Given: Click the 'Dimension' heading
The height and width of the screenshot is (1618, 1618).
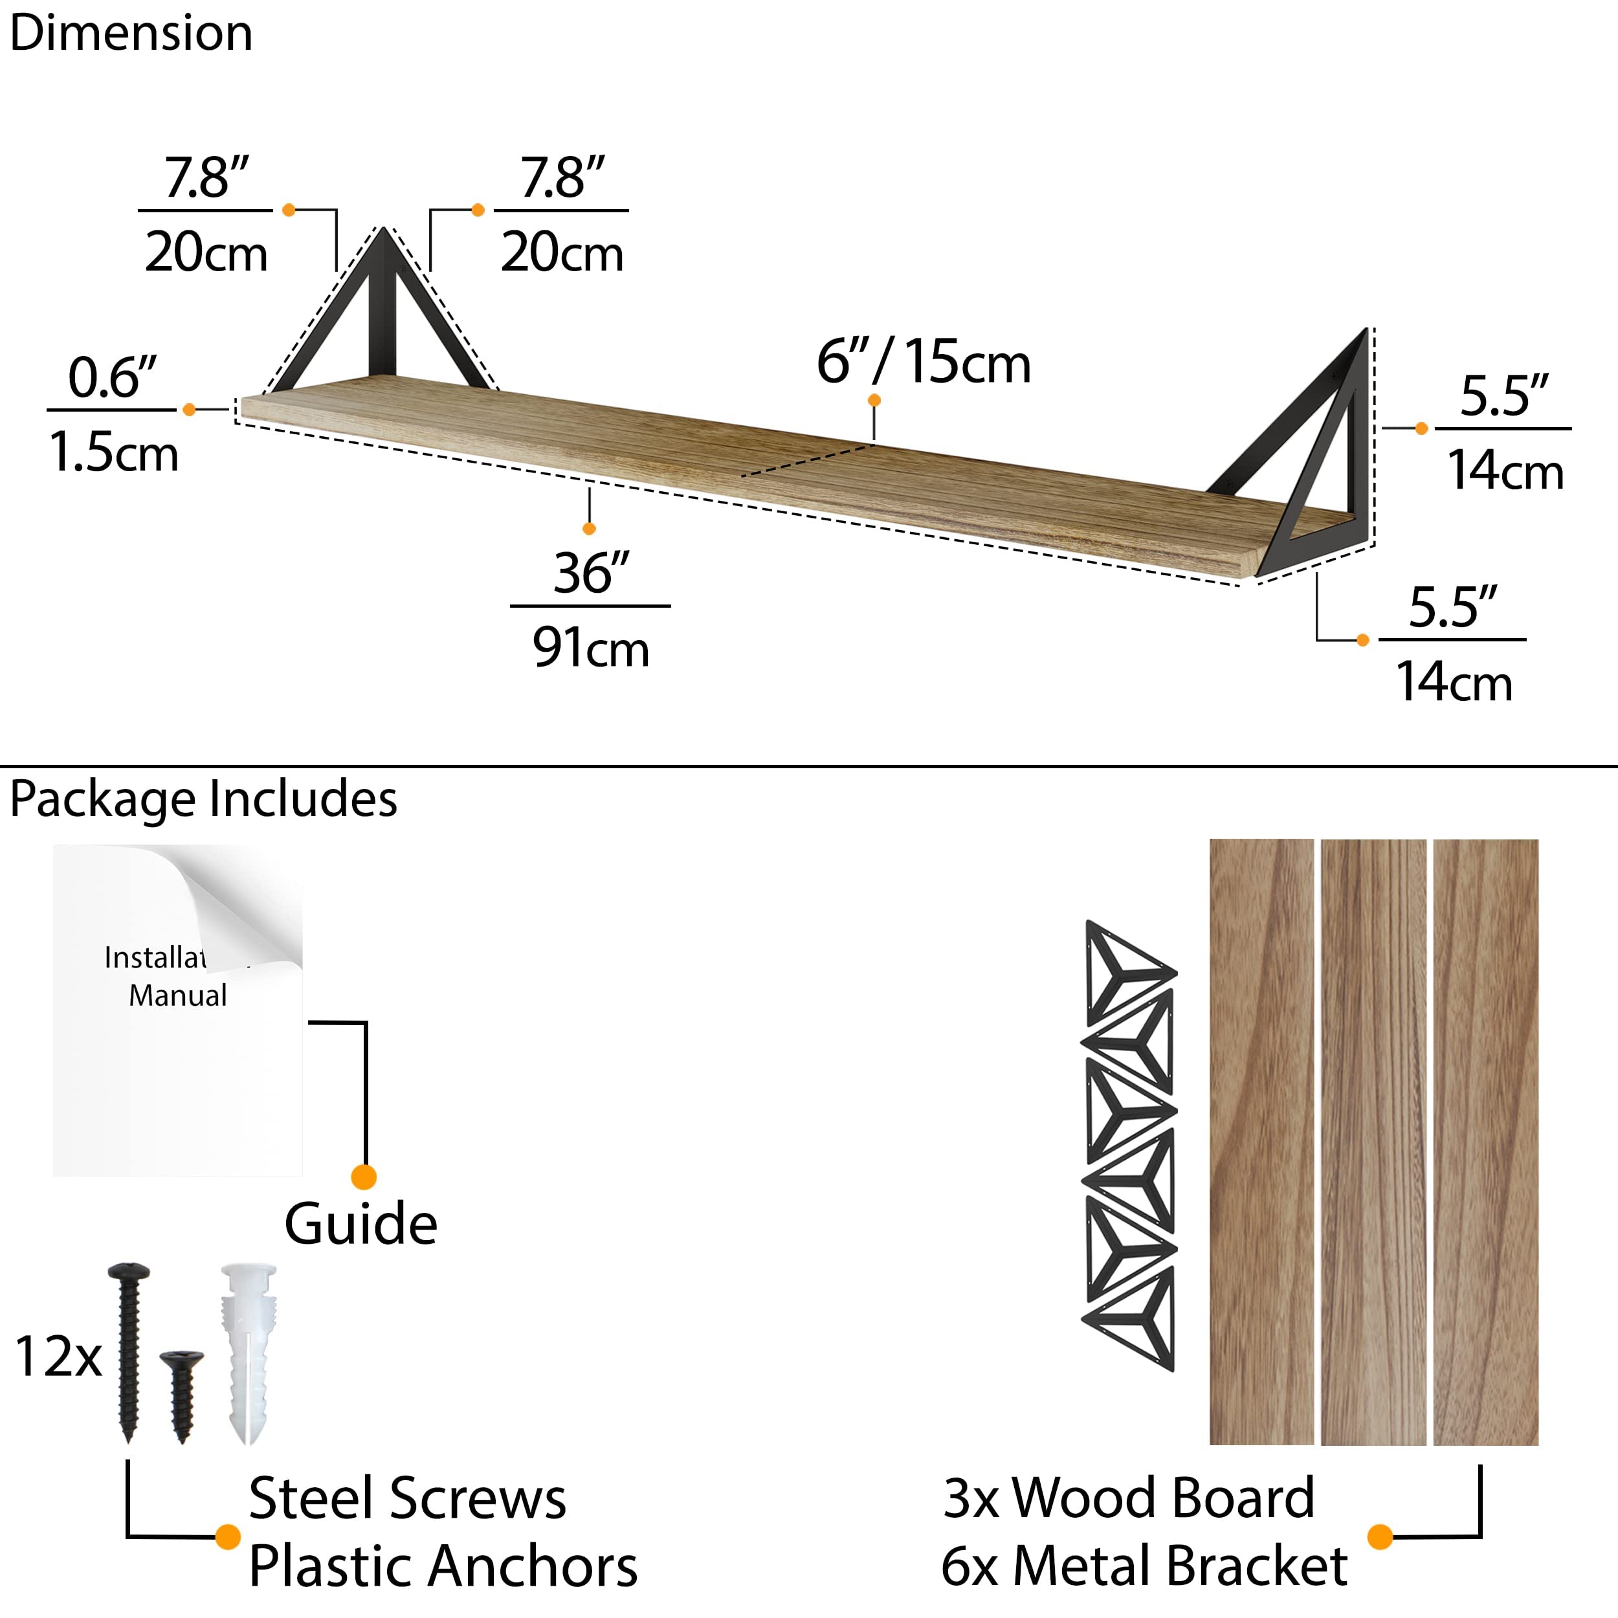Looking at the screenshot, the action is click(x=131, y=34).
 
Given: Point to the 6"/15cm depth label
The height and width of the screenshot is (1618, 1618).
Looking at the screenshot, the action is click(x=924, y=362).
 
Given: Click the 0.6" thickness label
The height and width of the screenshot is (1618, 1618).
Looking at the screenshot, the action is click(x=112, y=378).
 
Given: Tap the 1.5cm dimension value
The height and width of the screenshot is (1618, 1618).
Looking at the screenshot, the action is click(x=114, y=452).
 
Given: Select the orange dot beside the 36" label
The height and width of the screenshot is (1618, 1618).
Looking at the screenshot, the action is click(x=590, y=529).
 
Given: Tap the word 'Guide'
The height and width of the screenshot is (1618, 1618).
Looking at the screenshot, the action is click(x=361, y=1225).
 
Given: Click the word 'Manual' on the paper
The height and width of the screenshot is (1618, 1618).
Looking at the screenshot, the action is click(x=177, y=996).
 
